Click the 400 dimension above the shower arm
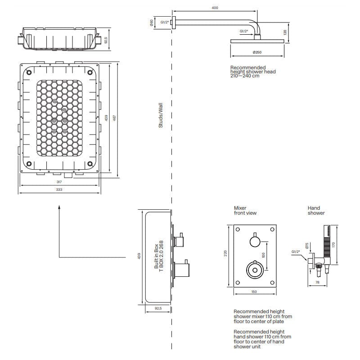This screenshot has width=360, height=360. pos(215,8)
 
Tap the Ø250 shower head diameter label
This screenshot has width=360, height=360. pos(257,53)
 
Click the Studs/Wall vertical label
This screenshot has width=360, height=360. pos(161,115)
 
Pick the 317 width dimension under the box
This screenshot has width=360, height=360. pos(59,182)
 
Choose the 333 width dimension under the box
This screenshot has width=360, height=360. pos(59,190)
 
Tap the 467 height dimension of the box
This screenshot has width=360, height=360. pos(114,118)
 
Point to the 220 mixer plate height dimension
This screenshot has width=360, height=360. pos(225,254)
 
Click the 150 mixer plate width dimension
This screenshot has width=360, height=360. pos(253,292)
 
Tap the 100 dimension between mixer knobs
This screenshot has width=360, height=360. pos(264,254)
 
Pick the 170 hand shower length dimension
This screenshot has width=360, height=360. pos(333,244)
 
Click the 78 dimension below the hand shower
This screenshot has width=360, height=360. pos(318,282)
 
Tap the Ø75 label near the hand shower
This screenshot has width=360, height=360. pos(307,245)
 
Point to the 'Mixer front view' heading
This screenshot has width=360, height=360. pos(245,211)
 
